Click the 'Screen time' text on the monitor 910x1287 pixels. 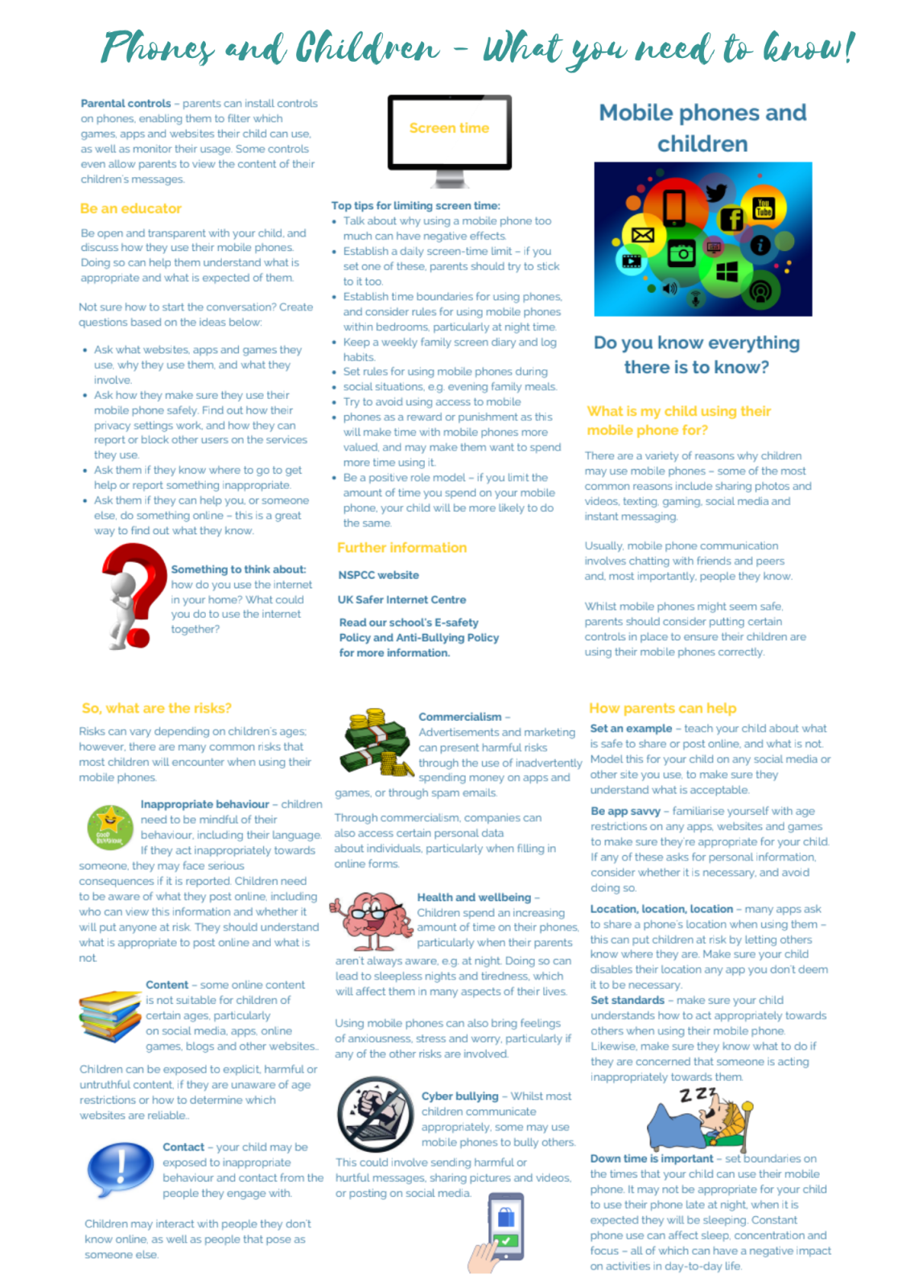point(449,129)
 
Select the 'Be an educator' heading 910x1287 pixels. point(130,209)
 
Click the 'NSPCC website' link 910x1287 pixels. point(378,575)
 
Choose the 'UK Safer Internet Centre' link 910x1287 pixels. point(401,600)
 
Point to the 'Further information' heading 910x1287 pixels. point(401,548)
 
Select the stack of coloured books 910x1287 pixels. point(110,1016)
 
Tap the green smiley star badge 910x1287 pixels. point(109,826)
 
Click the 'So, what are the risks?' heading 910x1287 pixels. point(156,709)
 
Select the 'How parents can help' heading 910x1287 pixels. point(662,709)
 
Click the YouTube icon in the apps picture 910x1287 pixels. point(762,208)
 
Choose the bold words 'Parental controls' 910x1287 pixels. point(126,104)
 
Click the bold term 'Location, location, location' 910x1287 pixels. point(661,909)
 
